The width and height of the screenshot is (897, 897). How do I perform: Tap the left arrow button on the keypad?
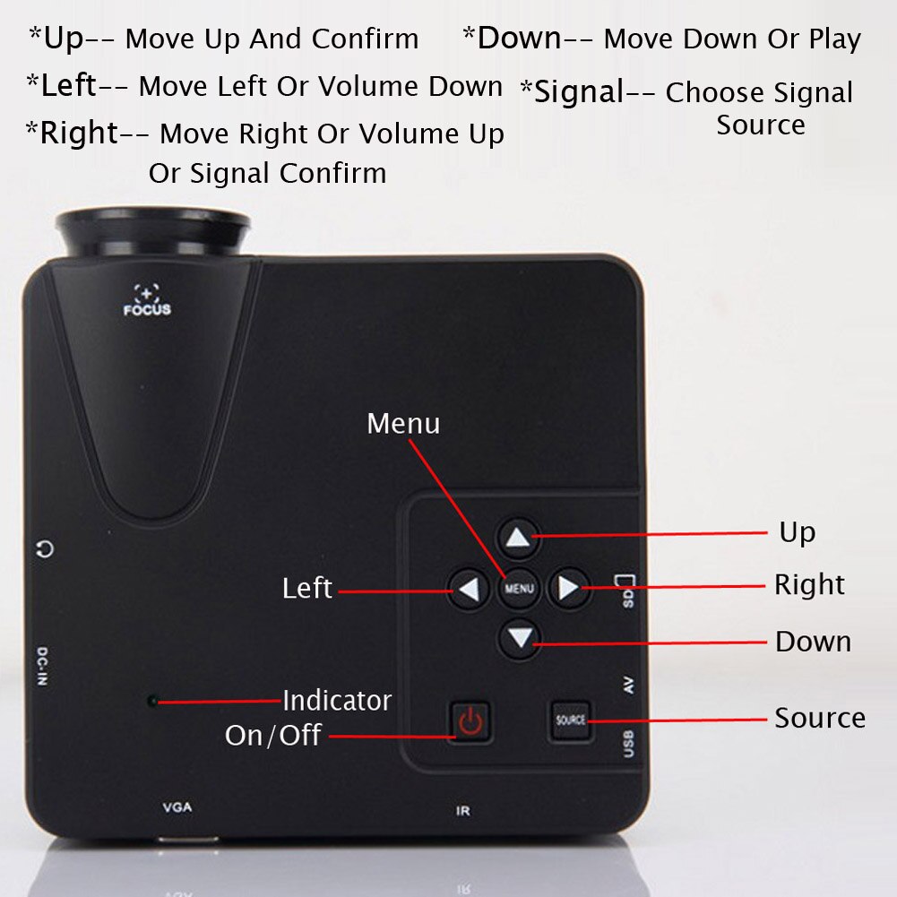[x=469, y=589]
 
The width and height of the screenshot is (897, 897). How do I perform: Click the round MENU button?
[x=519, y=589]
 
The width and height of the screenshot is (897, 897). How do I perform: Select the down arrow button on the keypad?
[x=520, y=639]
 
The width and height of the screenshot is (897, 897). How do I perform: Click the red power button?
[x=470, y=720]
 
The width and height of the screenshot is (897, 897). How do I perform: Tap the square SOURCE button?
[x=570, y=720]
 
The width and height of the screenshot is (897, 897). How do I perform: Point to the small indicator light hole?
[x=152, y=700]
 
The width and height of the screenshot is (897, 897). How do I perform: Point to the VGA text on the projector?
[x=177, y=807]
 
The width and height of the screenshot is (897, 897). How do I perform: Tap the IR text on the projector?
[x=463, y=812]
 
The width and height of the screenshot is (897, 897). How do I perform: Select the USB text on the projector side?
[x=628, y=744]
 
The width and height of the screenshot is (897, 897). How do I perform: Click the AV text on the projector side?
[x=628, y=686]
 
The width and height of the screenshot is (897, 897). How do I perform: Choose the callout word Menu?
[x=403, y=423]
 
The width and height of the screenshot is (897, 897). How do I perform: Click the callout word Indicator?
[x=337, y=700]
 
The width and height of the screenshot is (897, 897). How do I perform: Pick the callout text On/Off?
[x=273, y=736]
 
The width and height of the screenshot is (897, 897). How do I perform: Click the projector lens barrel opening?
[x=153, y=228]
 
